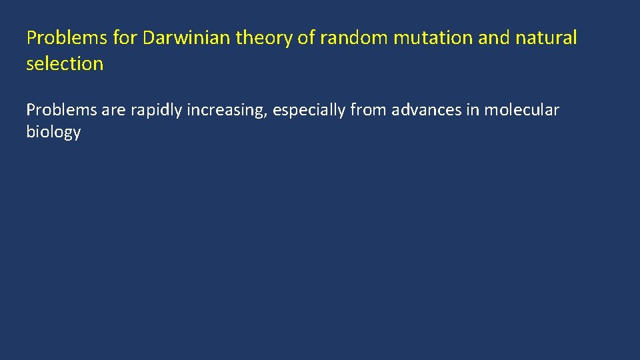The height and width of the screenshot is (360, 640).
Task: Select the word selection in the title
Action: pos(65,64)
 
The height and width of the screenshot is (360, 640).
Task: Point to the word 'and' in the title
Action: pos(494,39)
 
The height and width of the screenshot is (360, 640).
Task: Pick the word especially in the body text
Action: pos(309,110)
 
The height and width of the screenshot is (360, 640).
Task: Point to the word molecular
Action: pos(521,110)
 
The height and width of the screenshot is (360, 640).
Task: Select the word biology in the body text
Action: pos(53,132)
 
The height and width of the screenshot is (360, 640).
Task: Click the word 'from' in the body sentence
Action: pos(369,110)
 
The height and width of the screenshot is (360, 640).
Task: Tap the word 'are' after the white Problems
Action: pos(114,110)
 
